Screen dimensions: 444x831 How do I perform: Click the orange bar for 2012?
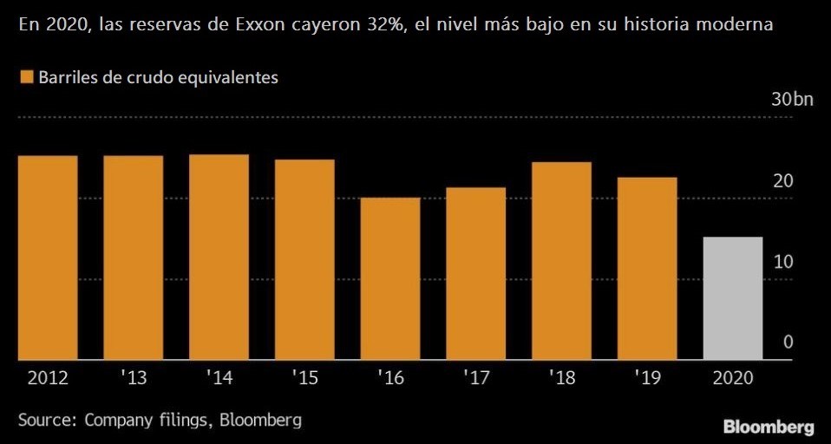(x=48, y=258)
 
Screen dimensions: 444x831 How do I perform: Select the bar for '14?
(x=219, y=257)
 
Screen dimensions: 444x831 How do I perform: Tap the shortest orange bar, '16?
(x=389, y=278)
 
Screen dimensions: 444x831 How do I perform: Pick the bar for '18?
(x=561, y=260)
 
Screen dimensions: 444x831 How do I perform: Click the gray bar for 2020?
(x=732, y=298)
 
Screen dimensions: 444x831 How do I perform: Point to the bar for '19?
(x=647, y=268)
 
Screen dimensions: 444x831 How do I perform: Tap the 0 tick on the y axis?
(x=788, y=343)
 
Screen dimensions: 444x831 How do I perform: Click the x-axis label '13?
(x=133, y=379)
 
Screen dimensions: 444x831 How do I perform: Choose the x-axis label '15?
(x=304, y=379)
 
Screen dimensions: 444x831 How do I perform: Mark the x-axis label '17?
(x=475, y=379)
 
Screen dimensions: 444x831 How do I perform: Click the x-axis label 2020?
(x=732, y=379)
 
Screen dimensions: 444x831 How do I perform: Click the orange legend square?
(x=25, y=77)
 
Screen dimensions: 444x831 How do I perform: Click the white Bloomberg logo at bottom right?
(x=769, y=427)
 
